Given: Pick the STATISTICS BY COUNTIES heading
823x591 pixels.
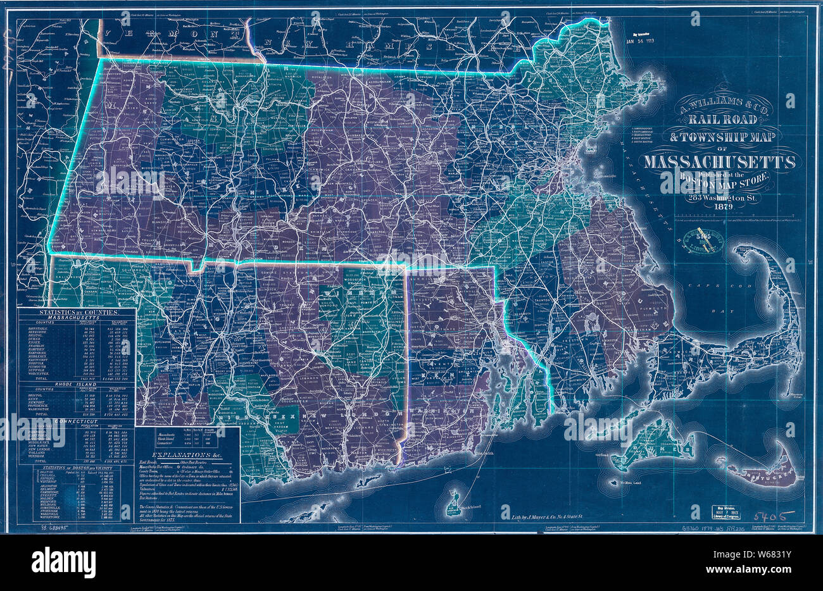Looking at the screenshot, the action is (x=77, y=313).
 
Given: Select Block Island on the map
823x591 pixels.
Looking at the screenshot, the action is (x=457, y=495).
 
